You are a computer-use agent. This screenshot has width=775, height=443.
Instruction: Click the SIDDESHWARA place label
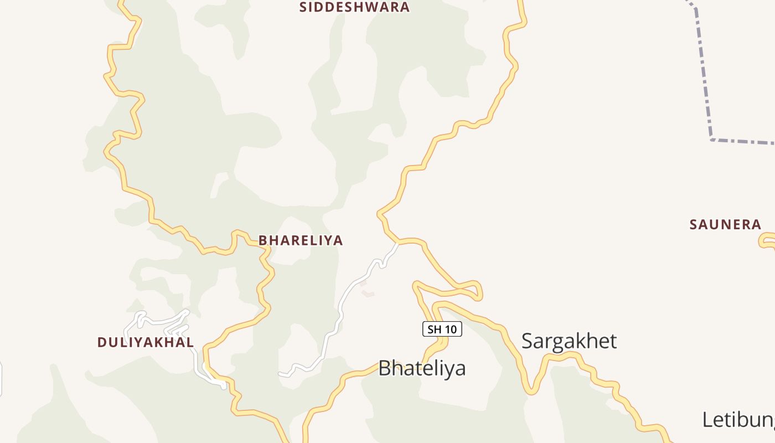click(x=354, y=7)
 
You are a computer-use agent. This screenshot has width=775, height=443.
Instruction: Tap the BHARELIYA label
click(x=301, y=240)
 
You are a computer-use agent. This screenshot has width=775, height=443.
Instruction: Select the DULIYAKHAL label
click(x=146, y=342)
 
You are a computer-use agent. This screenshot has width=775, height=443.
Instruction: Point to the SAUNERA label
click(x=725, y=225)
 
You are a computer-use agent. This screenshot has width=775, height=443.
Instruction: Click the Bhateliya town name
click(x=422, y=368)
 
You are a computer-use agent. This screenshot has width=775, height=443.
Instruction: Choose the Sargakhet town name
click(x=569, y=341)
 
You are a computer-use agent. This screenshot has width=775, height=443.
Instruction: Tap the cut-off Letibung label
click(x=738, y=420)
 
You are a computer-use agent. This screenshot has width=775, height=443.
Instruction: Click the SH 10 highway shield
click(x=442, y=329)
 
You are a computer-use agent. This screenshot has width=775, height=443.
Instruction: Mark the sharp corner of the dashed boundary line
click(x=711, y=139)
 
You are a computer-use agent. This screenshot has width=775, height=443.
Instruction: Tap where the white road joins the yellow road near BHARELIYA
click(x=397, y=243)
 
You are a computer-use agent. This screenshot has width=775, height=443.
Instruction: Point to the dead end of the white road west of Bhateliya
click(x=280, y=374)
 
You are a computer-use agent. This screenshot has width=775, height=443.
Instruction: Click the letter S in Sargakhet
click(x=528, y=341)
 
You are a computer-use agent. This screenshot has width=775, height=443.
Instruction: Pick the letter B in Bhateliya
click(x=385, y=368)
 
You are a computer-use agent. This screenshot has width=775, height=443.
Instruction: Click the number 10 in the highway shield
click(x=451, y=329)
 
